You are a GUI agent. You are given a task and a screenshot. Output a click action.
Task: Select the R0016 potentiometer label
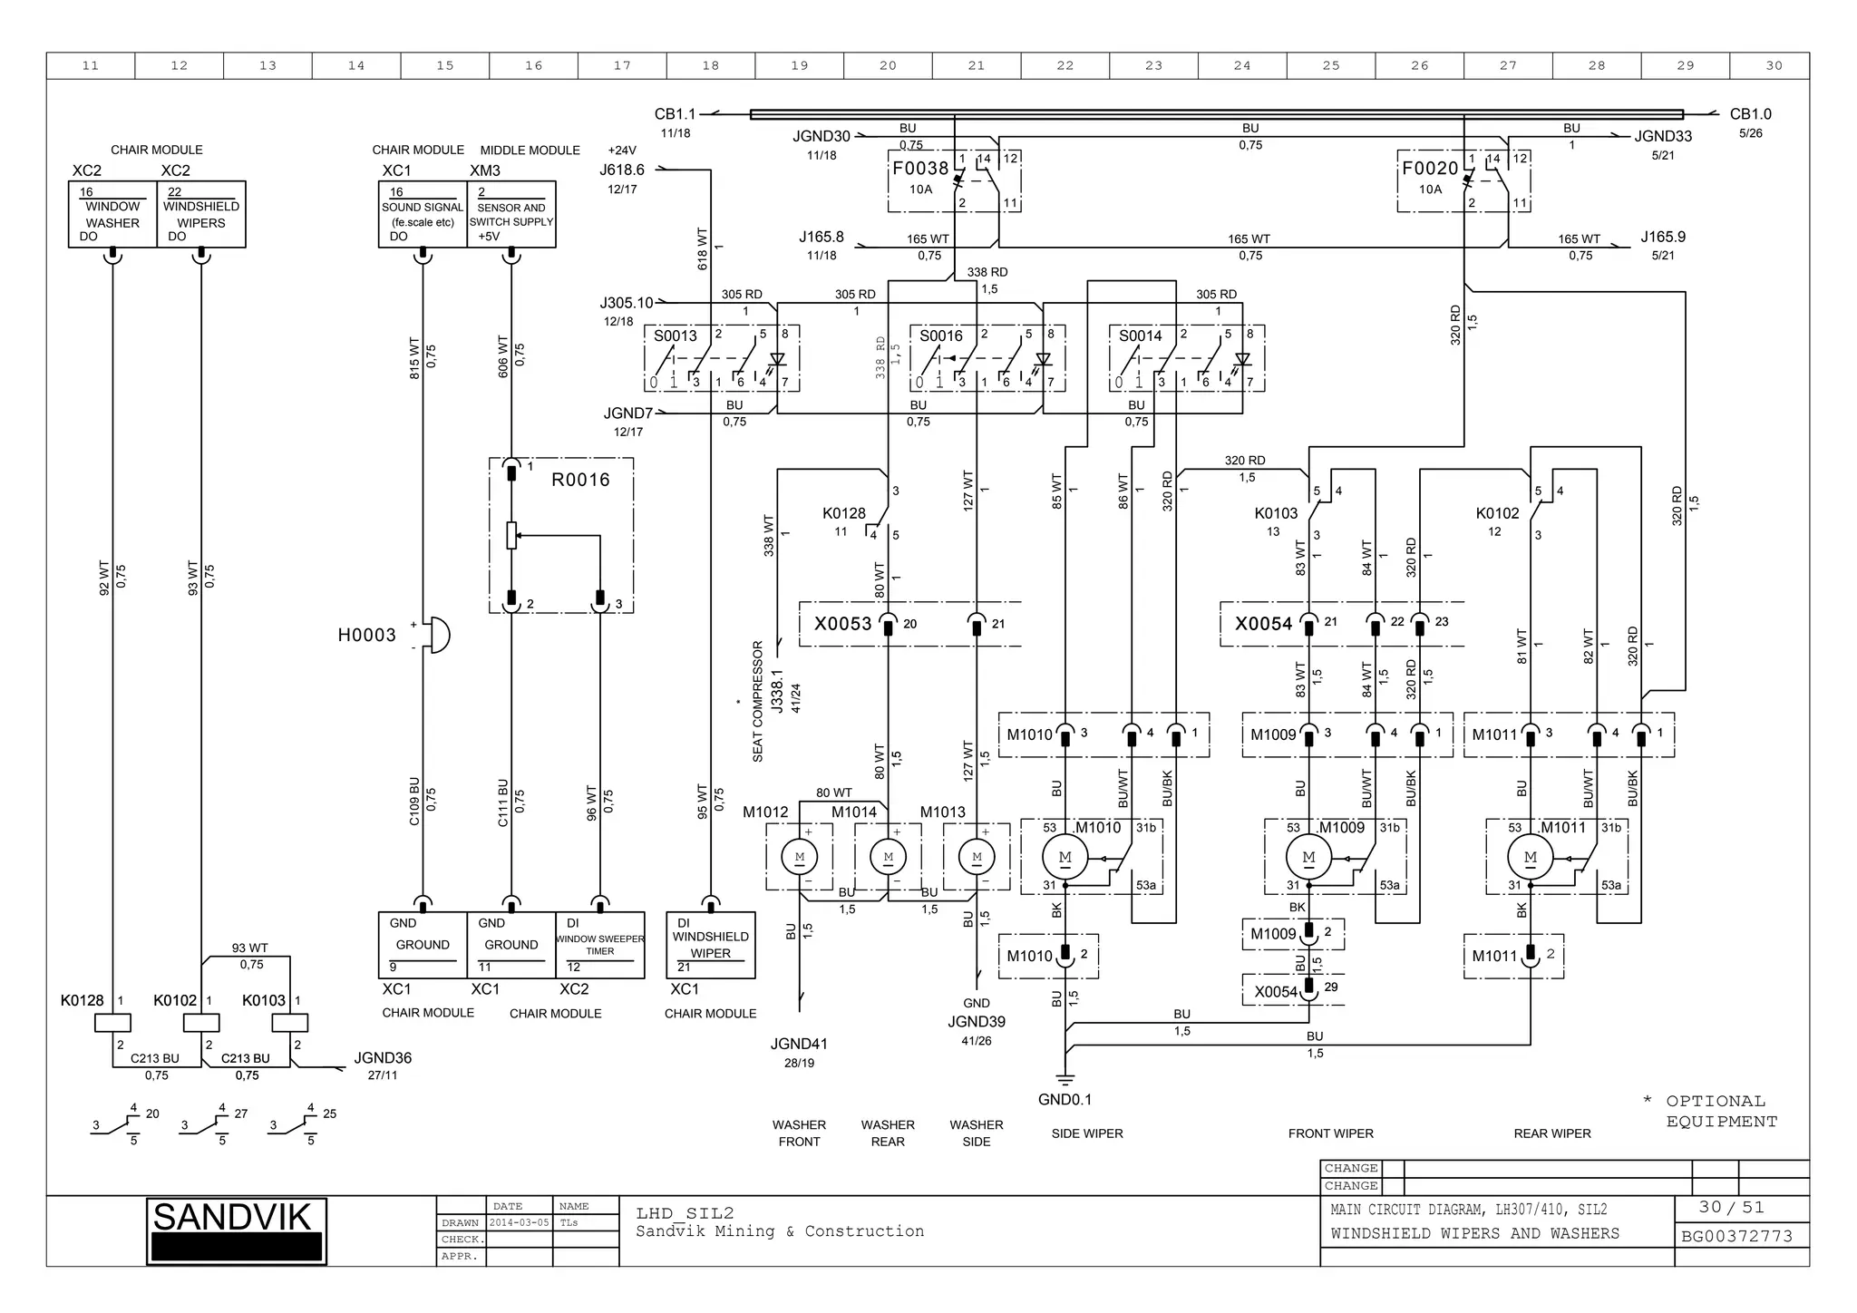point(580,480)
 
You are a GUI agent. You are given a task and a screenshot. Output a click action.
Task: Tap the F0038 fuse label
point(919,169)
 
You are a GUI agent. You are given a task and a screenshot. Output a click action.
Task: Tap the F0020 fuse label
point(1429,169)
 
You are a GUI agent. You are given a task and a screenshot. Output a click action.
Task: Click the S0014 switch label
point(1140,336)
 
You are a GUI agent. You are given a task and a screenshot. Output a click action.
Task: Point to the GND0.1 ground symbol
point(1065,1079)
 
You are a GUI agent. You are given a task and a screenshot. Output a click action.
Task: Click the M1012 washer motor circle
point(799,857)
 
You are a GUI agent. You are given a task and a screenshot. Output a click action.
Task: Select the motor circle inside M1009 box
point(1308,857)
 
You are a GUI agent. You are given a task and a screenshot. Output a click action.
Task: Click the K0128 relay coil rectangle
point(112,1023)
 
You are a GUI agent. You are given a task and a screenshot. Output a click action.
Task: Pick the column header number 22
point(1065,65)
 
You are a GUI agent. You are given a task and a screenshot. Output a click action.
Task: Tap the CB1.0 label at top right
point(1749,114)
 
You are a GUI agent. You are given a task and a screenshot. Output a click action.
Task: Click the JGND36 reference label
point(383,1058)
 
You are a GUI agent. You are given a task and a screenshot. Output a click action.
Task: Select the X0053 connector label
point(842,624)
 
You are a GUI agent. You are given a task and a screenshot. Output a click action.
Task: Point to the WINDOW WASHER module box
point(112,215)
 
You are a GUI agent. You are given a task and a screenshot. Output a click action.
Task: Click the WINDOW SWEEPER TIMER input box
point(599,945)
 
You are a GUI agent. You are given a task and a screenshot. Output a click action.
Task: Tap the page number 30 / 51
point(1731,1208)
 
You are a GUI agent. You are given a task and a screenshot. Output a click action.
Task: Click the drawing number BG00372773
point(1736,1237)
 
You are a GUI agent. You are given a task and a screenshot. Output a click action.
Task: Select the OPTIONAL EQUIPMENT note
point(1720,1112)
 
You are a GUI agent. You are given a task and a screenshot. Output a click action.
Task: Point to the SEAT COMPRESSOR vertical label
point(758,701)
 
